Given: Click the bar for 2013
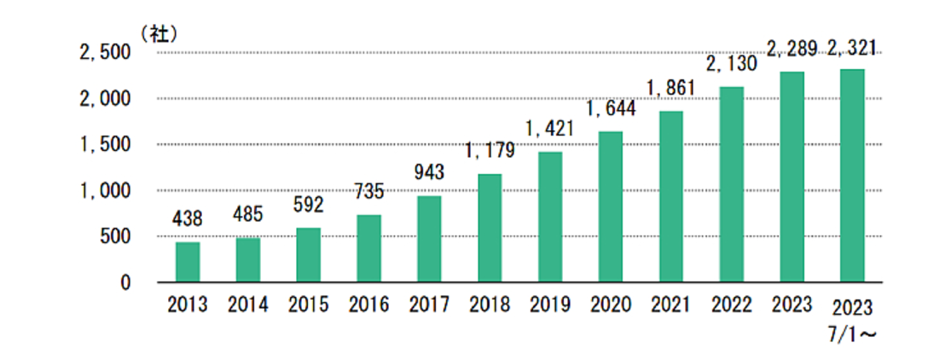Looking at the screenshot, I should click(x=188, y=262).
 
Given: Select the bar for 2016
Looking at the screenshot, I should click(x=368, y=248).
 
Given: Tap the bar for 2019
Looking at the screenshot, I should click(x=550, y=217).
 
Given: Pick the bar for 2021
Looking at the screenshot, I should click(x=670, y=196).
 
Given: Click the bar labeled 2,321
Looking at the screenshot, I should click(x=852, y=175).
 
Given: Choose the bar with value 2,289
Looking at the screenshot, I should click(x=792, y=177).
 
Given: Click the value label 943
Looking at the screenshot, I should click(x=429, y=173).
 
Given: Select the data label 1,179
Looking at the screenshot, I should click(x=490, y=152).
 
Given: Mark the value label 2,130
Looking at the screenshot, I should click(x=731, y=64).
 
